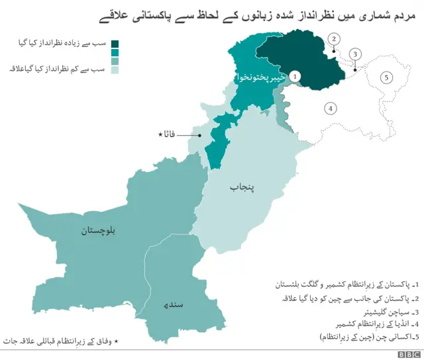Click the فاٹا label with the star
168,135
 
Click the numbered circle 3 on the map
356,54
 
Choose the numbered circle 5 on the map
386,77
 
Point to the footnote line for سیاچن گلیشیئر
386,311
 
